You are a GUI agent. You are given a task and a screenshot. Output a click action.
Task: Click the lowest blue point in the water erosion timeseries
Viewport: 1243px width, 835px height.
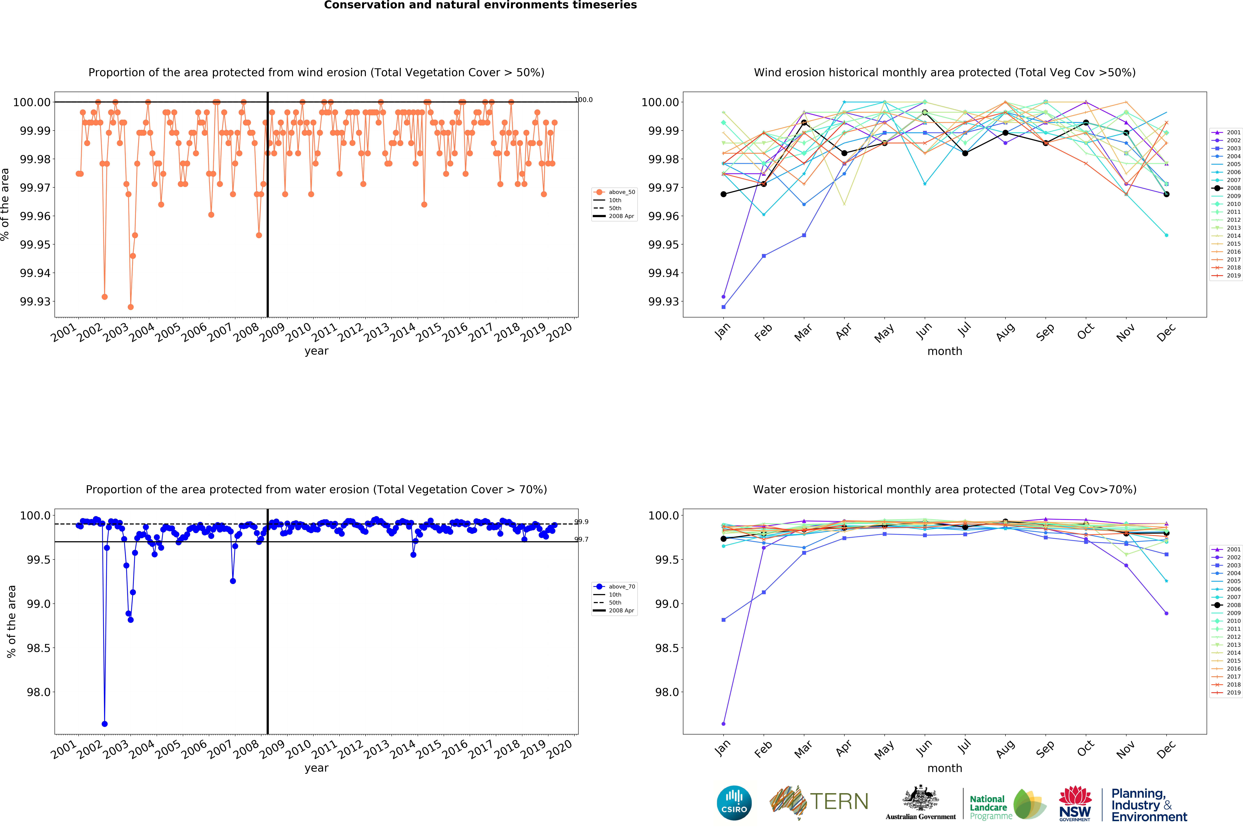(104, 724)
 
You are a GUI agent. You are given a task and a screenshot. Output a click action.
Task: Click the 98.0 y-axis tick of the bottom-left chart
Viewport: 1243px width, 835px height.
(38, 692)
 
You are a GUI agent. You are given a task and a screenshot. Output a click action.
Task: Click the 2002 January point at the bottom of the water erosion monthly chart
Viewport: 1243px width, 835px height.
(723, 724)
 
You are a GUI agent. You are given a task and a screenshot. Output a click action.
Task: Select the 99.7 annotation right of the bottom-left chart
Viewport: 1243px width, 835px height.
(581, 539)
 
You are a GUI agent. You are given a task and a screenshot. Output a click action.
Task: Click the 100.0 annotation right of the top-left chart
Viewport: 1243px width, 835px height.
(583, 100)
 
